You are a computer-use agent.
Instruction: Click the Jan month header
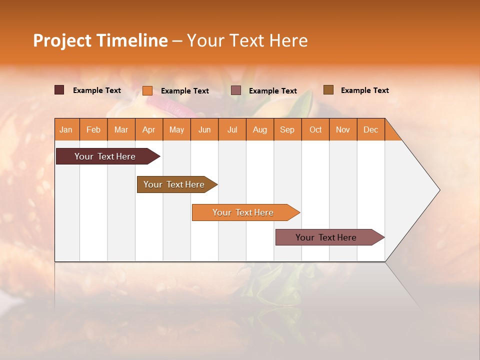pos(66,129)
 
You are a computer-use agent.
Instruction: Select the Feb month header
pos(93,129)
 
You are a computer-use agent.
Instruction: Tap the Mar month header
pos(121,129)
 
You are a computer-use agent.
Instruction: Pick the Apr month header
pos(149,129)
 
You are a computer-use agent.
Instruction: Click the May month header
pos(176,129)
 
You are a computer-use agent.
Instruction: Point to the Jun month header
pos(204,129)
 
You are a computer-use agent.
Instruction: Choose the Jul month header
pos(232,129)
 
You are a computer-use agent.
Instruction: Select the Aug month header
pos(260,129)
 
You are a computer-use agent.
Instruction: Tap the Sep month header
pos(287,129)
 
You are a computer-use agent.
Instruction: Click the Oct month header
pos(315,129)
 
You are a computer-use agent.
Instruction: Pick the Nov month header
pos(343,129)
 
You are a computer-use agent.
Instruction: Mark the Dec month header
pos(371,129)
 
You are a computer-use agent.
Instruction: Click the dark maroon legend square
pos(59,90)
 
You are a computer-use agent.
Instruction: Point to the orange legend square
pos(147,90)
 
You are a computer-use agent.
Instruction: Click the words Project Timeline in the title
pos(100,40)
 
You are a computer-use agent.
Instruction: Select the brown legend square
pos(328,90)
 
